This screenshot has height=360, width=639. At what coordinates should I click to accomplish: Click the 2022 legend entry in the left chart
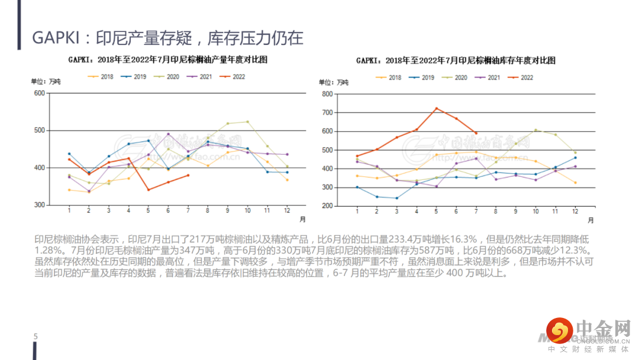[232, 77]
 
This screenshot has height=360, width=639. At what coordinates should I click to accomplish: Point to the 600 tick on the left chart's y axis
[40, 93]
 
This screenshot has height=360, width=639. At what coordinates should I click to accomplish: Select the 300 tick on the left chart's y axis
[40, 205]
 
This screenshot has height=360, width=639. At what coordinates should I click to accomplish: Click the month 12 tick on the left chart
[287, 211]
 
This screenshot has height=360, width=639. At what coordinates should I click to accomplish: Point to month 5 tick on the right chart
[436, 211]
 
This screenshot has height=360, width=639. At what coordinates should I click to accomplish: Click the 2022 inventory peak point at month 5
[436, 108]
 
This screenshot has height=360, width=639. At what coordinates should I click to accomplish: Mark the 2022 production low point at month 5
[148, 189]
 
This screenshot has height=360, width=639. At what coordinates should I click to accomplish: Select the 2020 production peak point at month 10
[247, 122]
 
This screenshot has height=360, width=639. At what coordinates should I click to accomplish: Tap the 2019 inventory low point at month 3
[396, 198]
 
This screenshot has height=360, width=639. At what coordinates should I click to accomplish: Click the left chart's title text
[167, 60]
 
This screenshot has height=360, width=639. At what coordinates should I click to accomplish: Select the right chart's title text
[456, 60]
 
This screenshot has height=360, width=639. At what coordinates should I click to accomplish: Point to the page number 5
[35, 337]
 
